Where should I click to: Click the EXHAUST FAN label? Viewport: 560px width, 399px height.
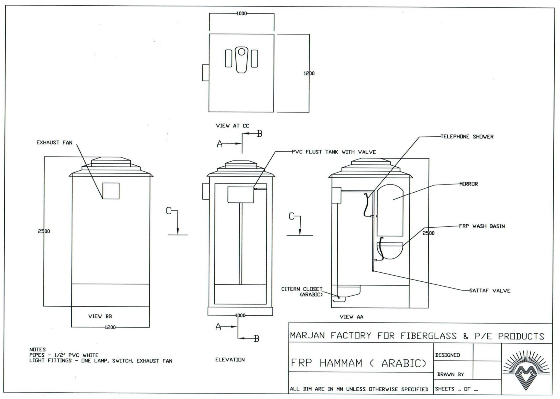pyautogui.click(x=54, y=142)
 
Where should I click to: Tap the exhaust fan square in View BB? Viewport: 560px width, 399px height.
pyautogui.click(x=111, y=191)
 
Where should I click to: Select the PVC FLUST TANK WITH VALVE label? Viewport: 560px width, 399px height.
pyautogui.click(x=334, y=152)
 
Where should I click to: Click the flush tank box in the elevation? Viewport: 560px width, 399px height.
pyautogui.click(x=241, y=195)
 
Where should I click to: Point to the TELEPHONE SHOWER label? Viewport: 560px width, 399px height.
pyautogui.click(x=467, y=137)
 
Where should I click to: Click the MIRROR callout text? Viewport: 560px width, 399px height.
pyautogui.click(x=469, y=184)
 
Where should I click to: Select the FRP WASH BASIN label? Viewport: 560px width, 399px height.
pyautogui.click(x=482, y=226)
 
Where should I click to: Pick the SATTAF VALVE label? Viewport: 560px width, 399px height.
pyautogui.click(x=490, y=291)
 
